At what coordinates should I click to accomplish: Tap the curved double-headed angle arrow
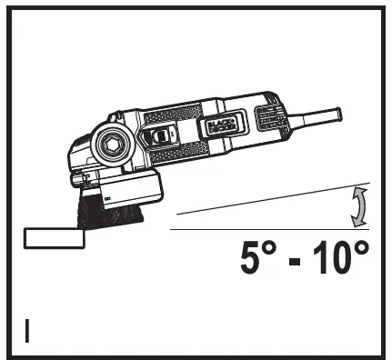(x=358, y=206)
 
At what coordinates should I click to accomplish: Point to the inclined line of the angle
(x=273, y=199)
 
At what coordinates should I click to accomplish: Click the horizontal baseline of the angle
(x=273, y=231)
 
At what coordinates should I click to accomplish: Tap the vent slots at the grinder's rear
(x=270, y=115)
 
